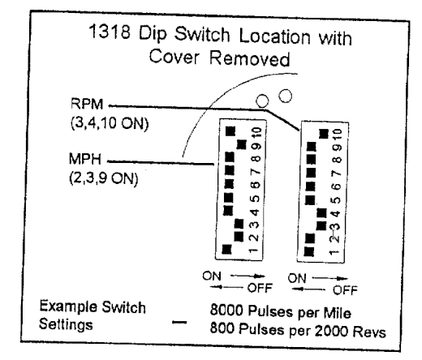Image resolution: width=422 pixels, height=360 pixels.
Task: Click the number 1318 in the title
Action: (110, 32)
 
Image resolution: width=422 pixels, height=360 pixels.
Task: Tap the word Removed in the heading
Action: (250, 58)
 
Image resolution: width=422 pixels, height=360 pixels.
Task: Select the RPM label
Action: (87, 104)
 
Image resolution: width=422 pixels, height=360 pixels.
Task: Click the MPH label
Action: (85, 159)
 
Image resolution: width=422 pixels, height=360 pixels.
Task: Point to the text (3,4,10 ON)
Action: (110, 123)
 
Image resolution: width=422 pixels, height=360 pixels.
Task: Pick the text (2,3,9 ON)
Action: (104, 178)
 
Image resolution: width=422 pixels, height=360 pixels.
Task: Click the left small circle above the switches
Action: (262, 101)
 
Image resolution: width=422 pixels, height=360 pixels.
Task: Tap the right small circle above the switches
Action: (285, 96)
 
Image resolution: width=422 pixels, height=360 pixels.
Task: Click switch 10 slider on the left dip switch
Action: (230, 131)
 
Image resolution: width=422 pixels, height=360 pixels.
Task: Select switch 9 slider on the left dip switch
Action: (241, 144)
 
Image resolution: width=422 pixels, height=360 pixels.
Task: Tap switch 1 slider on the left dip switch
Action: (226, 249)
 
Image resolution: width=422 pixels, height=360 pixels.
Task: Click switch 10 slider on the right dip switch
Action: (324, 134)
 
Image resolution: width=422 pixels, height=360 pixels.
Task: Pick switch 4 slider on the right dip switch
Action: (321, 213)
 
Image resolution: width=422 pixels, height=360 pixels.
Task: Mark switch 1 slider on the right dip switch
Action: (309, 251)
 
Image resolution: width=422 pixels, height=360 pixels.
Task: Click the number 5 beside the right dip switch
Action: (336, 200)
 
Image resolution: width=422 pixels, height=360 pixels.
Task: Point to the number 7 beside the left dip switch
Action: (256, 171)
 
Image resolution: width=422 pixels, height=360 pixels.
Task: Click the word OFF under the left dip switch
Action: (260, 288)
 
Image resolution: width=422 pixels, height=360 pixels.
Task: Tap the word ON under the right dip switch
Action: (296, 278)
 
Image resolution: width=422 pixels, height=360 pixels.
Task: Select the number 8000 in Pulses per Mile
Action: (226, 311)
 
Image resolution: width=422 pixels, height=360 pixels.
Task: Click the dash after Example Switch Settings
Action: (179, 322)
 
